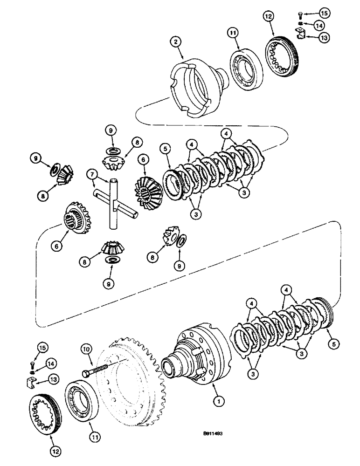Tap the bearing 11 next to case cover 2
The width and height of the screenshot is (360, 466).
(x=244, y=63)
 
